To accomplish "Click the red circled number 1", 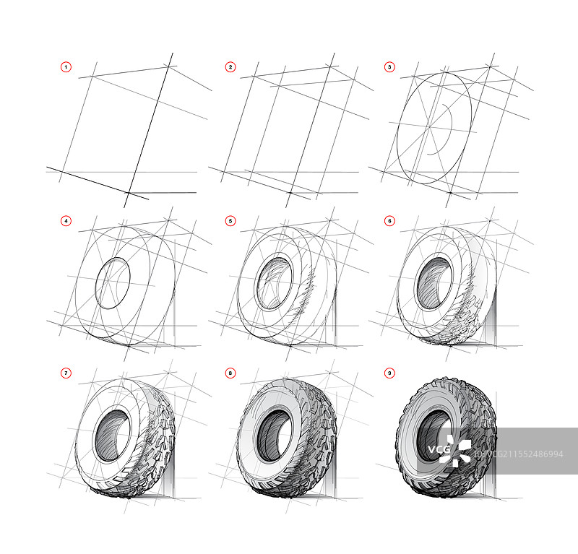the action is coord(66,67).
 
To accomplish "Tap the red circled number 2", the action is coord(230,67).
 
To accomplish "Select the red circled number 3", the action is coord(389,67).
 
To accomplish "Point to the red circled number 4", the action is coord(66,221).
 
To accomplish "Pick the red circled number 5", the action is coord(230,221).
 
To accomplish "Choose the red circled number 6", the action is coord(389,221).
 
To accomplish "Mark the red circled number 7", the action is coord(66,373).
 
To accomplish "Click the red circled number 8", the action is coord(230,373).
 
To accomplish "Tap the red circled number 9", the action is coord(389,373).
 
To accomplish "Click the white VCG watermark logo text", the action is coord(439,449).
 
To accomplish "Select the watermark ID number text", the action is coord(519,454).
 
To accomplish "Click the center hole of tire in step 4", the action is coord(113,283).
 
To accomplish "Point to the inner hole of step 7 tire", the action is coord(113,436).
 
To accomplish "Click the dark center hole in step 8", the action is coord(275,436).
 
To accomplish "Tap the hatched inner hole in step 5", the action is coord(275,283).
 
